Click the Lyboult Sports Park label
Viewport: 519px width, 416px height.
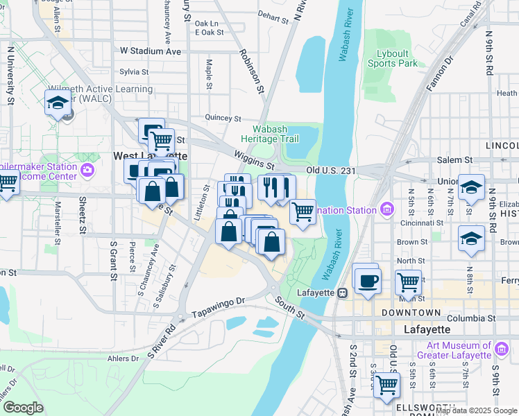tap(397, 58)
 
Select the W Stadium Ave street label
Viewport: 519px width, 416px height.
tap(150, 51)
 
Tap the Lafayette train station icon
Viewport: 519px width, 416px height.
tap(342, 293)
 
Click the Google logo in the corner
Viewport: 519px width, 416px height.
tap(23, 407)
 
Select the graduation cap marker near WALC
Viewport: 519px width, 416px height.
tap(57, 104)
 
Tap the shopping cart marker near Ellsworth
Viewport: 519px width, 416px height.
tap(386, 385)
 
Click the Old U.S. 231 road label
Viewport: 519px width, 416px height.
tap(332, 169)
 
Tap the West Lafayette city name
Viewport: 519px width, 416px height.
tap(150, 157)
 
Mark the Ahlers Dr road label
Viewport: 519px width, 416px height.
tap(124, 358)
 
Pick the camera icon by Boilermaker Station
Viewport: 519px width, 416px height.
tap(87, 170)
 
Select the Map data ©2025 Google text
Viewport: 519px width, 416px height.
tap(476, 410)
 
